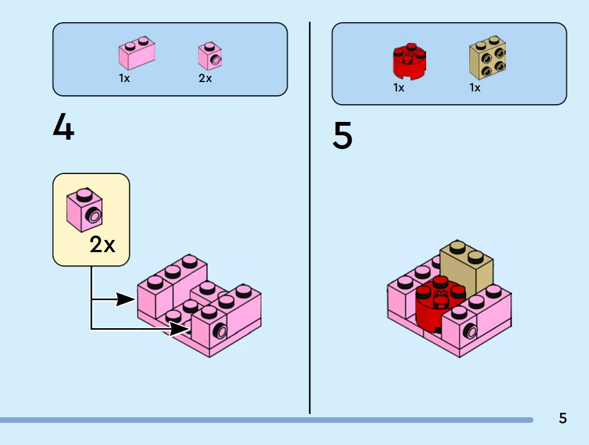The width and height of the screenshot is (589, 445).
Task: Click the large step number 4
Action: [63, 128]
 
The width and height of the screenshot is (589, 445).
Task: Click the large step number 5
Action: [342, 137]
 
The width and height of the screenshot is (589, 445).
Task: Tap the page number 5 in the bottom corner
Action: [562, 418]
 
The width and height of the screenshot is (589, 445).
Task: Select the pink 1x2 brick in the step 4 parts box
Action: [136, 53]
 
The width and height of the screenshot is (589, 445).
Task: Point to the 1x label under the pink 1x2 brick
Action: [124, 79]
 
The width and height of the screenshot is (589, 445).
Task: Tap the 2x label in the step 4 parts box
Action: [205, 79]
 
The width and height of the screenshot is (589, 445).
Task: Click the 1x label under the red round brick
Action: [399, 88]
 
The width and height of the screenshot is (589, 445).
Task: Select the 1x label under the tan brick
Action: [475, 88]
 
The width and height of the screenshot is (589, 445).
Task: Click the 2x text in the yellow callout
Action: [103, 244]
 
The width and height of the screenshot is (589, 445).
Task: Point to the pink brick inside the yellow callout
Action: [84, 211]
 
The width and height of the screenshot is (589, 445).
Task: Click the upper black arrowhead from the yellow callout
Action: [126, 300]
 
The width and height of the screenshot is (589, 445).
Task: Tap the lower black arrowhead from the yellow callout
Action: [180, 329]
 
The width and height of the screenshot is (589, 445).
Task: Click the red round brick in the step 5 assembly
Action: [438, 308]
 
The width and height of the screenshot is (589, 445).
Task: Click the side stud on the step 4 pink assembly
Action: [221, 331]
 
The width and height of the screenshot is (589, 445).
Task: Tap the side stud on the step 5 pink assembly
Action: [472, 331]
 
